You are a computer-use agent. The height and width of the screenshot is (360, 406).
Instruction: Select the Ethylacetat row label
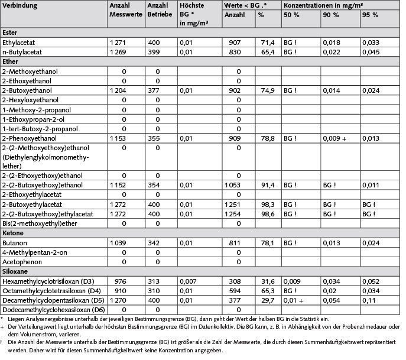pos(20,43)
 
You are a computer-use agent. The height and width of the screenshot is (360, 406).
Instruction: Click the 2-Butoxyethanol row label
pos(27,90)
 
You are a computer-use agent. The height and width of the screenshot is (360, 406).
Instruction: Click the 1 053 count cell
pos(239,185)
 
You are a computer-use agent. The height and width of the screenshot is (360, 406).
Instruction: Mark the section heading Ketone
pos(13,232)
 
